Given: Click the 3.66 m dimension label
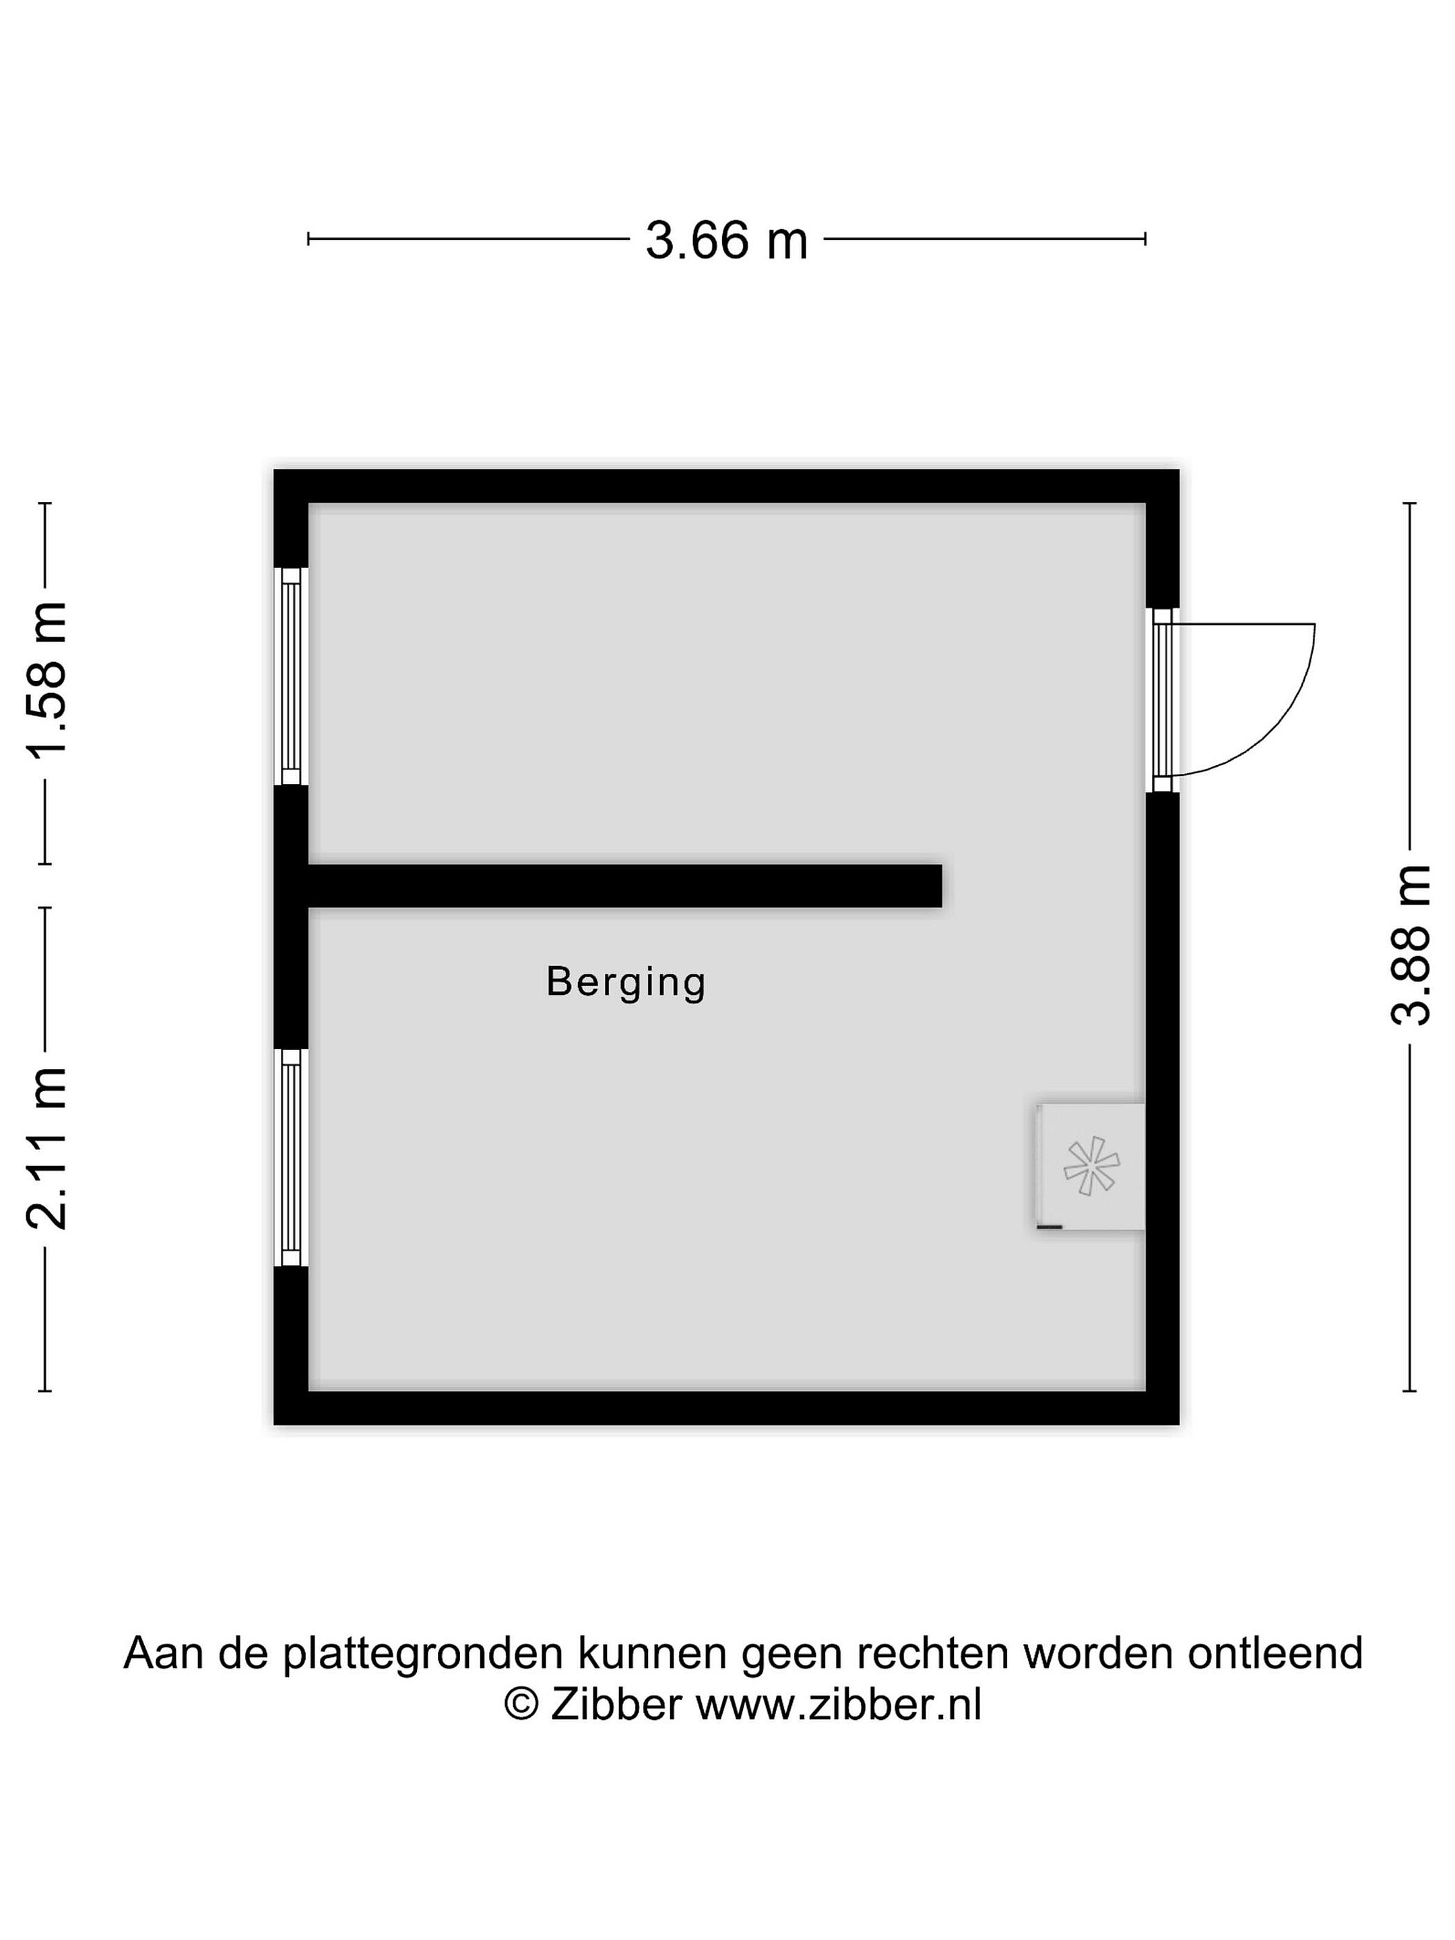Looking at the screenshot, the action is click(x=726, y=240).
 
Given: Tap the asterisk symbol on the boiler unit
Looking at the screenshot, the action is click(x=1091, y=1165).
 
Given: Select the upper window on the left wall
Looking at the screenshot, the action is click(x=291, y=676).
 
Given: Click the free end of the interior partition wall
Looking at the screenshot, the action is click(x=941, y=886).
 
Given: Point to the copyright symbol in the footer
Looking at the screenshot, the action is click(x=522, y=1705).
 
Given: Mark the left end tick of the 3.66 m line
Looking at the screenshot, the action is click(x=309, y=238).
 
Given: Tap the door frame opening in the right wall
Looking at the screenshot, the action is click(x=1162, y=700).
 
